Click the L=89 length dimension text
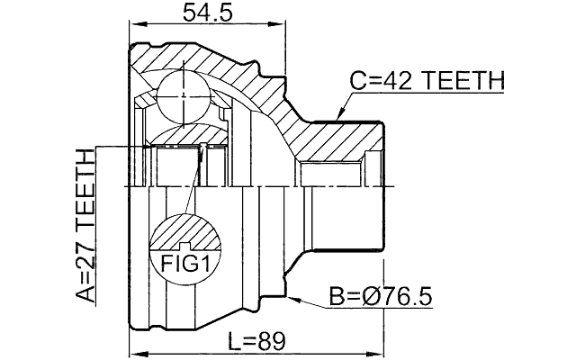pyautogui.click(x=256, y=341)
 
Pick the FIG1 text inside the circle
pyautogui.click(x=184, y=264)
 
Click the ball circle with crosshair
pyautogui.click(x=183, y=92)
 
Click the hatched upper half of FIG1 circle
pyautogui.click(x=184, y=231)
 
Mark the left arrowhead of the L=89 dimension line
pyautogui.click(x=136, y=354)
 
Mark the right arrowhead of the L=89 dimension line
pyautogui.click(x=379, y=354)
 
